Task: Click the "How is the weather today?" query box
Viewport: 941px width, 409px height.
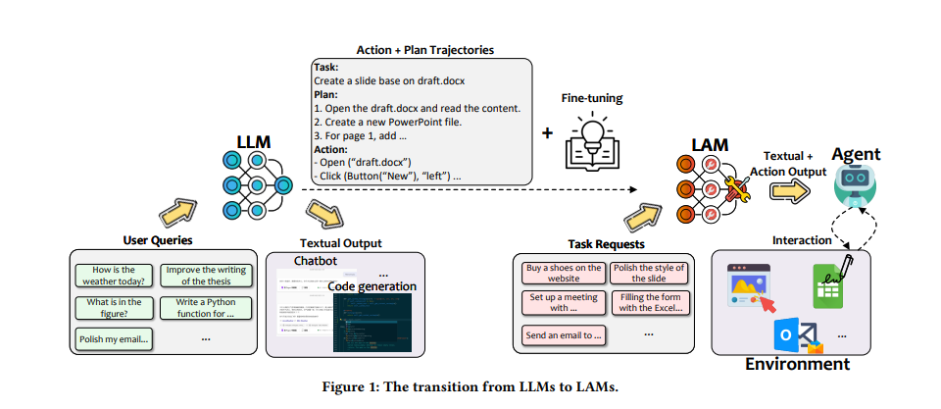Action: pos(113,274)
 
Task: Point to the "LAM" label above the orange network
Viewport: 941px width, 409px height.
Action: pos(710,144)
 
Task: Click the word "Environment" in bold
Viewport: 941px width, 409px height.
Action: pos(797,364)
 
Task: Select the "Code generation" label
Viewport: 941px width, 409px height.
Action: pos(371,286)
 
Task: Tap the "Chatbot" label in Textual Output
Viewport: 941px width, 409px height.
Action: pos(316,261)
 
